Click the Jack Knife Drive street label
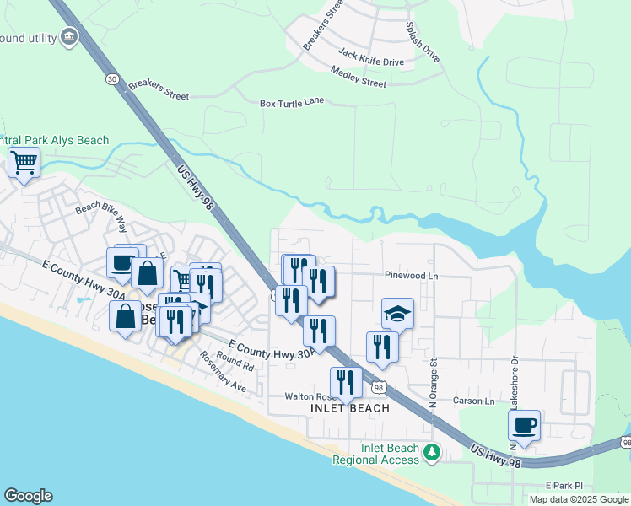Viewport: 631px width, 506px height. pyautogui.click(x=371, y=57)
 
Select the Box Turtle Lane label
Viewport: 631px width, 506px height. pyautogui.click(x=292, y=103)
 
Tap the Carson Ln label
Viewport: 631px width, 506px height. pyautogui.click(x=473, y=401)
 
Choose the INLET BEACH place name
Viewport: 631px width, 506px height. pyautogui.click(x=350, y=408)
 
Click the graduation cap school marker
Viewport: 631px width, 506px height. pyautogui.click(x=398, y=314)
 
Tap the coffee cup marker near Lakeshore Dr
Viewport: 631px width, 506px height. pyautogui.click(x=524, y=425)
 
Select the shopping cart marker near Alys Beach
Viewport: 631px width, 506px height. pyautogui.click(x=24, y=161)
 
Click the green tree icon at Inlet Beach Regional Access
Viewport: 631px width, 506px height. pyautogui.click(x=432, y=453)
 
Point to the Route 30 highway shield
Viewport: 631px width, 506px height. pyautogui.click(x=112, y=78)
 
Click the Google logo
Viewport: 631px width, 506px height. pyautogui.click(x=28, y=496)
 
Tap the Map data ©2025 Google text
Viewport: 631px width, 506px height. pyautogui.click(x=578, y=499)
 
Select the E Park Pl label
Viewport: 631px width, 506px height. pyautogui.click(x=564, y=486)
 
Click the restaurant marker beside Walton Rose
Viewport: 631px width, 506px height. pyautogui.click(x=346, y=382)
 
